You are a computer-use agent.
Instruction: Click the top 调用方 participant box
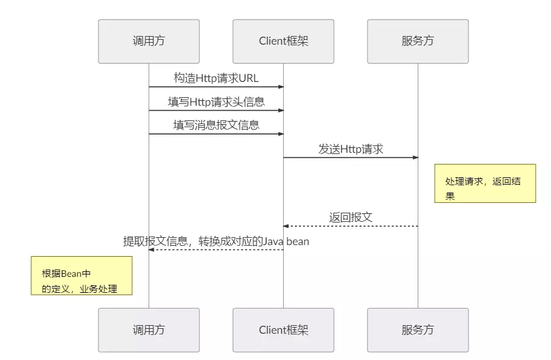[149, 42]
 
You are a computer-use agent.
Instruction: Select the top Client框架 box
[283, 42]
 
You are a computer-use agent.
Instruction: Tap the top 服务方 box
[418, 42]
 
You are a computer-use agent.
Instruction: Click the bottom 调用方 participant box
[149, 330]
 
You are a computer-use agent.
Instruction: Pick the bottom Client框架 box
[283, 330]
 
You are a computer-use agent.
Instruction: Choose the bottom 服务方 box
[418, 330]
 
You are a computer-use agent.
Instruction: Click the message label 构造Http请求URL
[216, 78]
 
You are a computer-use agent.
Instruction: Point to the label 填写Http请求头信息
[216, 101]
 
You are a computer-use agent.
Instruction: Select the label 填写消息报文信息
[216, 125]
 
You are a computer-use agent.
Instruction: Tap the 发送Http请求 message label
[350, 149]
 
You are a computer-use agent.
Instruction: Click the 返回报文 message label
[350, 217]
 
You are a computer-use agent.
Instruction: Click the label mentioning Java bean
[216, 241]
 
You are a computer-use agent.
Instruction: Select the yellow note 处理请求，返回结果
[485, 183]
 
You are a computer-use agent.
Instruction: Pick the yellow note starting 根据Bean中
[81, 276]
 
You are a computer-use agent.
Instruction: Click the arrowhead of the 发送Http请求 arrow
[415, 158]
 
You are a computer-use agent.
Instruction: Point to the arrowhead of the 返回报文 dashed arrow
[286, 226]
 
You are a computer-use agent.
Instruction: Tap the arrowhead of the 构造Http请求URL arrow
[281, 87]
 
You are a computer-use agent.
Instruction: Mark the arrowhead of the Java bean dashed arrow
[152, 249]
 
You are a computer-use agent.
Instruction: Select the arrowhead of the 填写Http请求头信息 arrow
[281, 111]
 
